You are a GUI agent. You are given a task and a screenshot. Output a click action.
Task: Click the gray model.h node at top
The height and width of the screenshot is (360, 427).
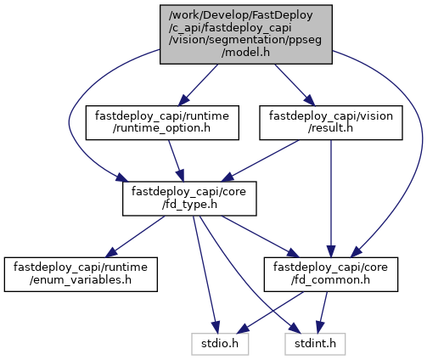point(246,34)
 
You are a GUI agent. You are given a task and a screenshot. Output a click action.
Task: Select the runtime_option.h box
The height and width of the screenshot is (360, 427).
point(162,122)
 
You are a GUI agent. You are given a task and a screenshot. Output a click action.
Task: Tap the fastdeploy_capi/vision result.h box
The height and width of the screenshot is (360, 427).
point(331,122)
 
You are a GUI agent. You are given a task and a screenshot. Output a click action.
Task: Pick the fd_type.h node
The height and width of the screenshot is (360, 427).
point(189,199)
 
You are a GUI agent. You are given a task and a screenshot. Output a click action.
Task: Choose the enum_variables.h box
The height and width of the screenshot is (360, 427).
point(81,274)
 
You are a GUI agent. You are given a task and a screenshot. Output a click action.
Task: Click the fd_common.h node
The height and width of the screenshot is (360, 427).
point(331,274)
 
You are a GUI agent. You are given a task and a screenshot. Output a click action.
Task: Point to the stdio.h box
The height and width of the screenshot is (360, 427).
point(220,344)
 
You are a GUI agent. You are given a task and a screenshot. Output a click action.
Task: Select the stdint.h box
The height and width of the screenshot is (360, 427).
point(315,344)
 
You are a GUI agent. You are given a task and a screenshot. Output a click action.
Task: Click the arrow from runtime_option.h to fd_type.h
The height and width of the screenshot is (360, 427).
point(176,160)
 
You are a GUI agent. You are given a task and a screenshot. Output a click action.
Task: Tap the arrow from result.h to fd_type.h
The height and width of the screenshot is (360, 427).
point(261,160)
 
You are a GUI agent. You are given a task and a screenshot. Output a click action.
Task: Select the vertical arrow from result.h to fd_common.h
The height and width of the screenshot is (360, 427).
point(331,199)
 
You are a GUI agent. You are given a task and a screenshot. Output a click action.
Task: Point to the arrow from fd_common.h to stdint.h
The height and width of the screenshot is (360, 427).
point(322,312)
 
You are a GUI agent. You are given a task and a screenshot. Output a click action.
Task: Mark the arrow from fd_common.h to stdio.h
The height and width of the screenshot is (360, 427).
point(270,312)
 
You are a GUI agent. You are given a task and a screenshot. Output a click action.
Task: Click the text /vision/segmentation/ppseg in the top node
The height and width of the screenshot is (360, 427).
point(245,40)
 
